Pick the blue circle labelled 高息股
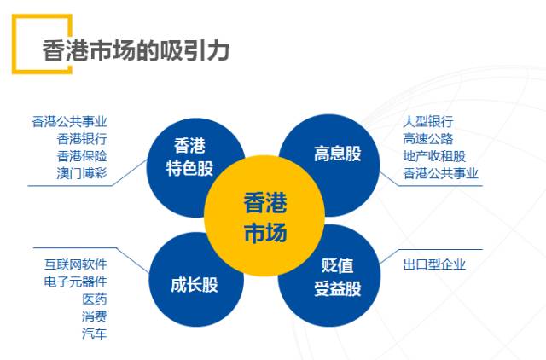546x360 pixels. click(x=336, y=154)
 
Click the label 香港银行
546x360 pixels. click(x=82, y=138)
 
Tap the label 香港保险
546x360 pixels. click(x=82, y=155)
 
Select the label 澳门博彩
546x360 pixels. click(x=82, y=173)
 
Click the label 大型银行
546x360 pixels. click(x=428, y=121)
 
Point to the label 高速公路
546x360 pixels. click(x=428, y=138)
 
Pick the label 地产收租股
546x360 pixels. click(x=434, y=156)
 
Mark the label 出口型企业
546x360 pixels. click(x=434, y=264)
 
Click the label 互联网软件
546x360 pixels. click(x=76, y=264)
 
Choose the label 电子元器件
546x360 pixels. click(x=76, y=282)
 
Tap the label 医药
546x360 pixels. click(x=95, y=299)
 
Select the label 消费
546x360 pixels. click(x=95, y=316)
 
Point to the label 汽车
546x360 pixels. click(x=95, y=334)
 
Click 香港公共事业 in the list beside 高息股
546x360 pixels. click(x=441, y=173)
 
